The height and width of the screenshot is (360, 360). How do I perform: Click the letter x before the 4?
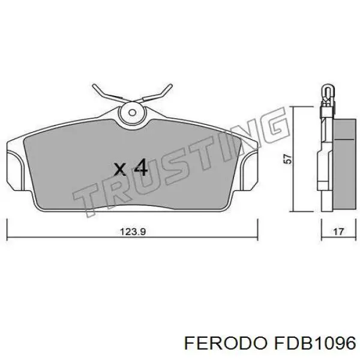120,169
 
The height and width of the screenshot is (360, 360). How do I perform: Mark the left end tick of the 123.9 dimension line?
7,228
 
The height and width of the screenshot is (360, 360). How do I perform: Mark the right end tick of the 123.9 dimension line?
257,228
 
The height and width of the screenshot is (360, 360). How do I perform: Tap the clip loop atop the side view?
327,91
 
